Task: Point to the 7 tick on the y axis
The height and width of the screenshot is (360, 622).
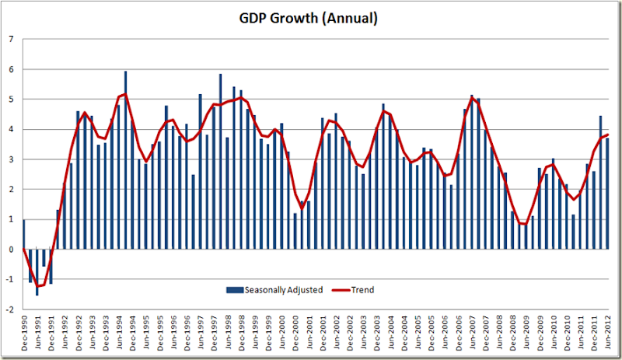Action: pyautogui.click(x=11, y=39)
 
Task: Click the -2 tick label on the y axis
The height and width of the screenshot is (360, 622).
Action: pyautogui.click(x=9, y=309)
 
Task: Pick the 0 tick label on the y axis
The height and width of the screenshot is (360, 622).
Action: pyautogui.click(x=11, y=249)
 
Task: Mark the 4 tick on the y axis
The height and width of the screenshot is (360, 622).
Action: pyautogui.click(x=11, y=129)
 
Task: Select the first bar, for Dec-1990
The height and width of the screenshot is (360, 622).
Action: pyautogui.click(x=24, y=234)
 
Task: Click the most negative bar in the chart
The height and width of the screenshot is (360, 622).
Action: pyautogui.click(x=37, y=271)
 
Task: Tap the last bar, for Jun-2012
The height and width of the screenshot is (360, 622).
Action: pyautogui.click(x=606, y=194)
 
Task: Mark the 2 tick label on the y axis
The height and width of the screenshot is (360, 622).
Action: pyautogui.click(x=11, y=189)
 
